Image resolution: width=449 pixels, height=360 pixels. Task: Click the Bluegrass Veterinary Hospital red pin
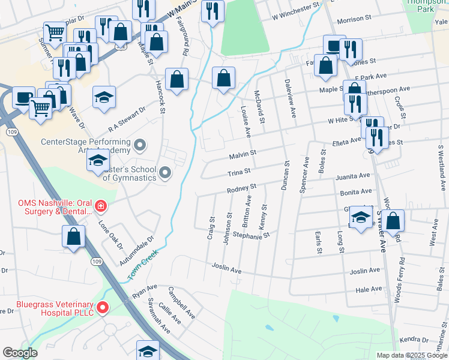(103, 308)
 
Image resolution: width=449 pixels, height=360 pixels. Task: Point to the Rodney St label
(241, 190)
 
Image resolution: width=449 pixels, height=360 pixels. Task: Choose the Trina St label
(238, 173)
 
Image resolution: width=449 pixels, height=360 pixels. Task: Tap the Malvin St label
(243, 155)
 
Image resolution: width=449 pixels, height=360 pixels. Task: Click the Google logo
(20, 352)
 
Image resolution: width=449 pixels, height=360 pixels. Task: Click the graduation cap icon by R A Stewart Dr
(104, 97)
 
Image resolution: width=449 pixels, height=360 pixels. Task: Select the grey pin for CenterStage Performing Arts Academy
(140, 145)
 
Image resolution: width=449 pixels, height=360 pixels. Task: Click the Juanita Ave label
(353, 176)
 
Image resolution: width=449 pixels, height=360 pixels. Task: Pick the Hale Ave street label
(369, 289)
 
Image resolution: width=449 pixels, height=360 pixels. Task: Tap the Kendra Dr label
(414, 340)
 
